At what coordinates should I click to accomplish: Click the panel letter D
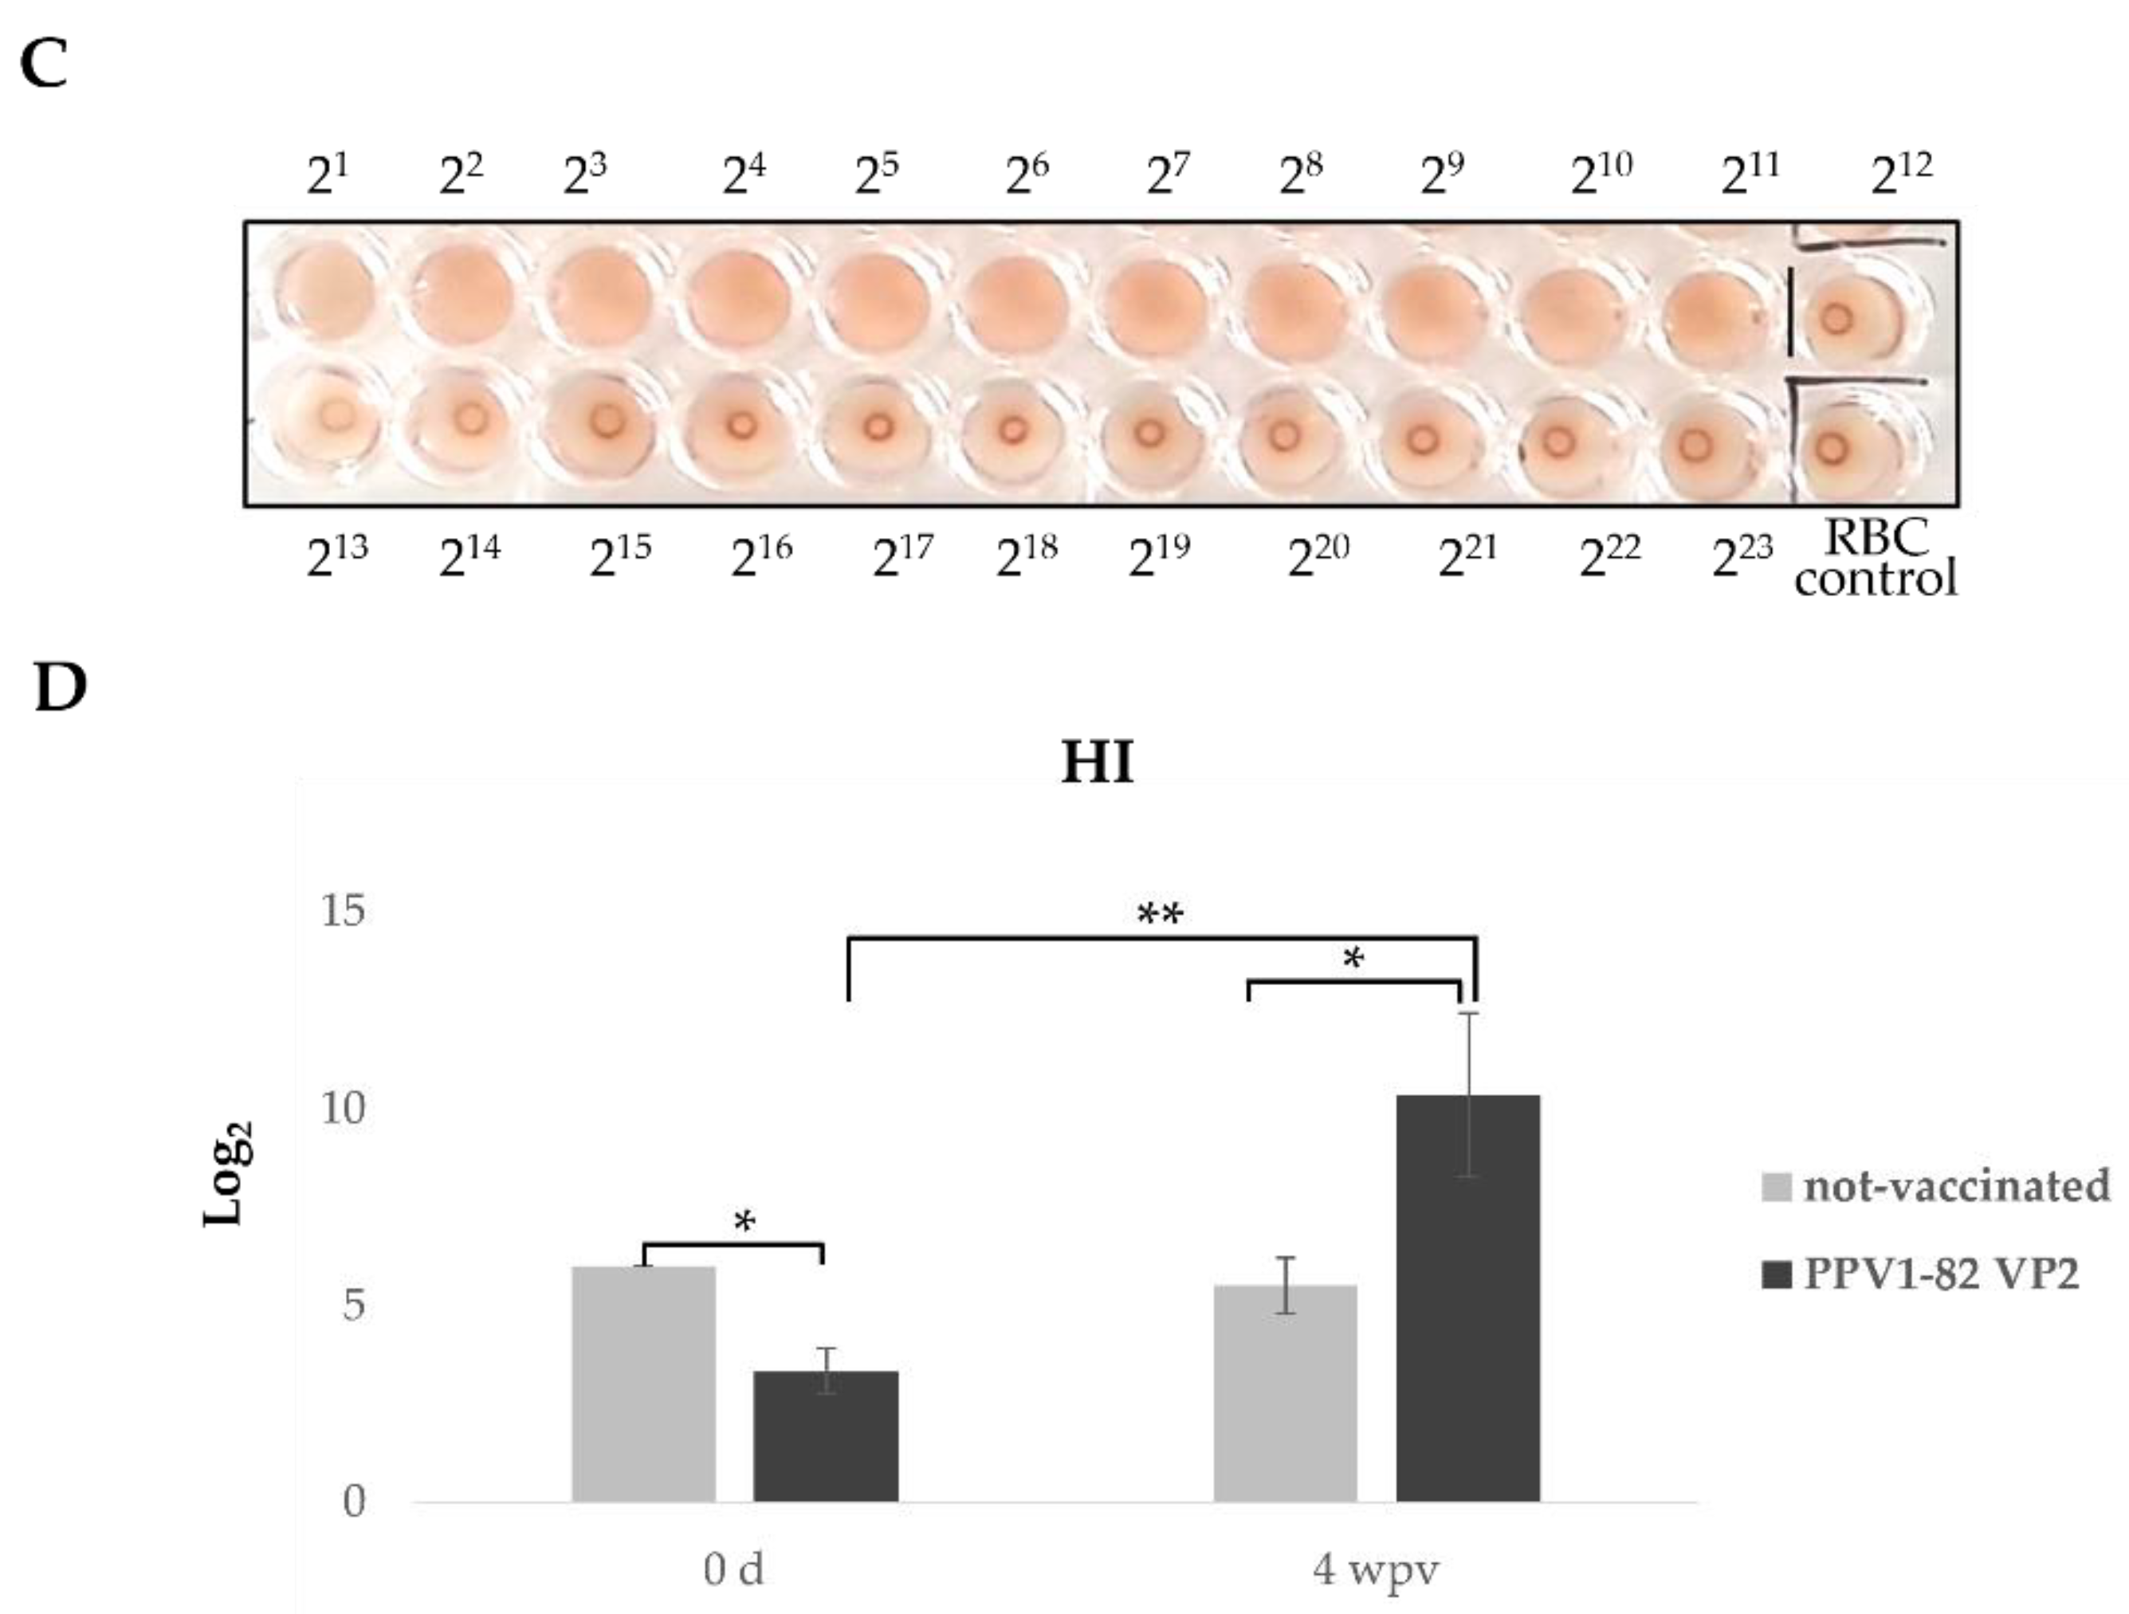(x=60, y=687)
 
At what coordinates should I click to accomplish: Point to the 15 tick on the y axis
(x=344, y=910)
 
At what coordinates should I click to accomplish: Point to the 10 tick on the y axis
(x=344, y=1109)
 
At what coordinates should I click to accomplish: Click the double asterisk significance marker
(x=1160, y=913)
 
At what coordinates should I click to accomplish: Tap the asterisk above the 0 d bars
(x=744, y=1223)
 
